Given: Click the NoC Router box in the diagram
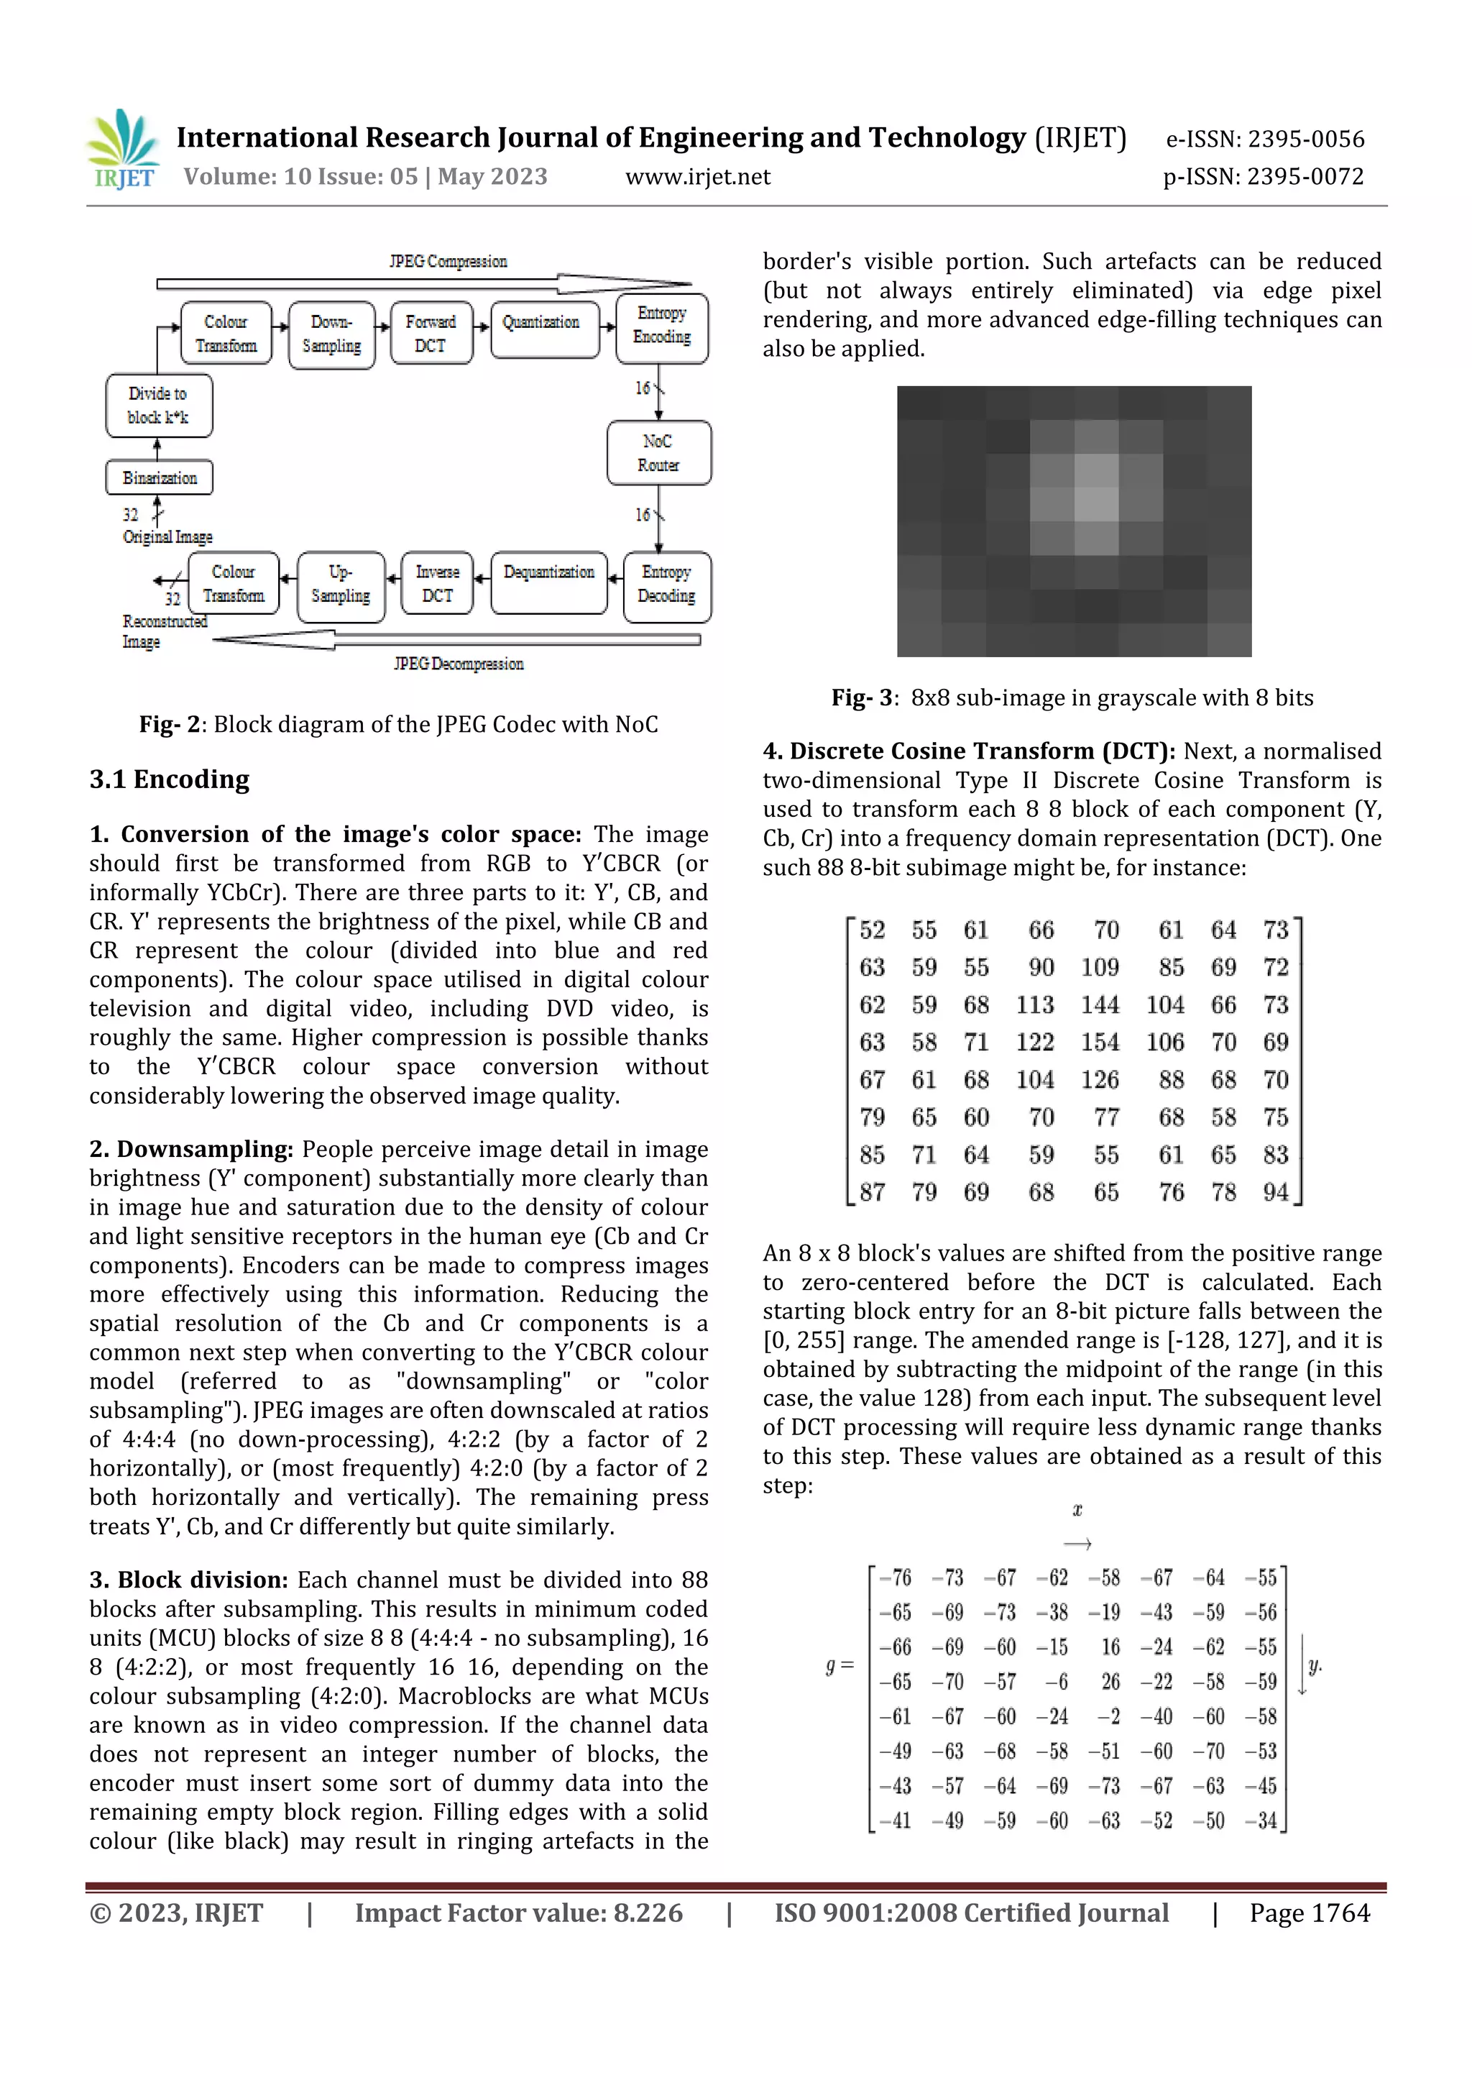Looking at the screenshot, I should point(658,453).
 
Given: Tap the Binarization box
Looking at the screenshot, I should point(159,478).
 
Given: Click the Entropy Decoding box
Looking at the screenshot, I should point(666,585).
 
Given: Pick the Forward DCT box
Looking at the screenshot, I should point(431,334).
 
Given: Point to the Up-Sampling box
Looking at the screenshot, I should point(341,585).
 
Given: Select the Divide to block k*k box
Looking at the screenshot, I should point(159,406).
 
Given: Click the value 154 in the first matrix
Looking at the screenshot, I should point(1099,1043).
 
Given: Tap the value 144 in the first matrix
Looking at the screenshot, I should point(1099,1005).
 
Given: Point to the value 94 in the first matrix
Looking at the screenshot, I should point(1275,1192).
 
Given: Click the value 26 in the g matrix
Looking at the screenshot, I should point(1110,1682).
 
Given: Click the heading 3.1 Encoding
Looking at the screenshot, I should point(170,779).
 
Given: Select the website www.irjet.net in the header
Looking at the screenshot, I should point(697,177).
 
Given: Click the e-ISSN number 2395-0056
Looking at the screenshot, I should point(1306,139).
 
